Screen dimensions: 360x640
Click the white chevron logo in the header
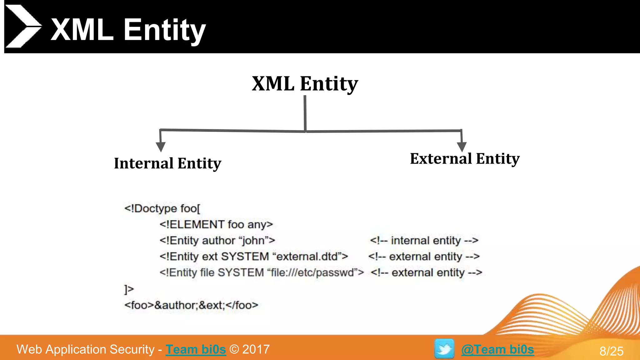[22, 26]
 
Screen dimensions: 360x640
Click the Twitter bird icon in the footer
[444, 349]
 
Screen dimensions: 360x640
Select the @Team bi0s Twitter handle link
[497, 349]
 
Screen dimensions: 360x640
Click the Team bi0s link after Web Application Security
[196, 349]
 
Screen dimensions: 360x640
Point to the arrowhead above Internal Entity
[161, 147]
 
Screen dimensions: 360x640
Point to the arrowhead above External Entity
[462, 147]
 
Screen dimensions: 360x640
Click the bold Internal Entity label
[167, 163]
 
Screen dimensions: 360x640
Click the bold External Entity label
[465, 159]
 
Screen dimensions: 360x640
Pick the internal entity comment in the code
[424, 240]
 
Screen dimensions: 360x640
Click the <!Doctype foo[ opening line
[162, 208]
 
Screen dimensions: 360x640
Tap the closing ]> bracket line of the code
[129, 289]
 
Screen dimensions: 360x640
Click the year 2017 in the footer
[256, 349]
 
